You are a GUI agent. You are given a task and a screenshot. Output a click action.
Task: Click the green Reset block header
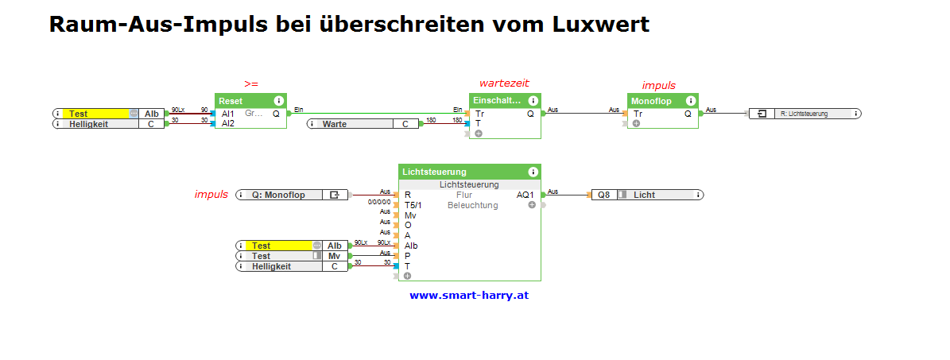pyautogui.click(x=242, y=101)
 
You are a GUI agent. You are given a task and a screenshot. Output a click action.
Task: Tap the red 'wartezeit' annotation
pyautogui.click(x=503, y=83)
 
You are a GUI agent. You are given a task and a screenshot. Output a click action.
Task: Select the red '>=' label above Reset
pyautogui.click(x=250, y=83)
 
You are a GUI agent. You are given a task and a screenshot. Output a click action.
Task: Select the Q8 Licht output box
pyautogui.click(x=647, y=194)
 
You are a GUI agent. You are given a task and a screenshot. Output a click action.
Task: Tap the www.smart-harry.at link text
pyautogui.click(x=469, y=295)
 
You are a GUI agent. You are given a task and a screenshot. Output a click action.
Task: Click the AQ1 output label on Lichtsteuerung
pyautogui.click(x=525, y=195)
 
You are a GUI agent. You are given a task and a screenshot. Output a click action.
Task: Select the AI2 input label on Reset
pyautogui.click(x=228, y=123)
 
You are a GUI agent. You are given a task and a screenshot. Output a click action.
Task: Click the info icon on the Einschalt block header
pyautogui.click(x=532, y=101)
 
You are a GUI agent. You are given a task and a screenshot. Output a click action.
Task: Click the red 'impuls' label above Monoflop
pyautogui.click(x=658, y=85)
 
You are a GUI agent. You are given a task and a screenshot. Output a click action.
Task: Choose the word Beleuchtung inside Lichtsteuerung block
pyautogui.click(x=472, y=205)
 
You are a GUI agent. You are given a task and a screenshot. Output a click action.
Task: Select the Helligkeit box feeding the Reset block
pyautogui.click(x=109, y=124)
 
